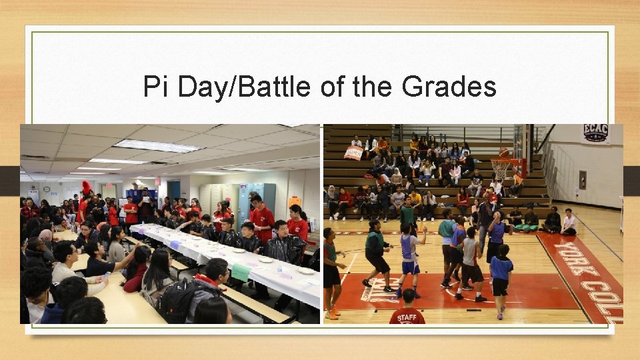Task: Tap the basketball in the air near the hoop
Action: (x=505, y=153)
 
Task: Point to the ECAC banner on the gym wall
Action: (x=595, y=133)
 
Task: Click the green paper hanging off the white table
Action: (x=241, y=272)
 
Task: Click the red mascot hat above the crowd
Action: (x=86, y=187)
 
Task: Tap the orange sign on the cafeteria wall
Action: (x=295, y=201)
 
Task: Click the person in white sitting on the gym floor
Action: (x=569, y=222)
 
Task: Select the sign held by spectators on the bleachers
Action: (x=353, y=153)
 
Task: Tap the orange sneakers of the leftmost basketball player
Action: (x=331, y=313)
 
